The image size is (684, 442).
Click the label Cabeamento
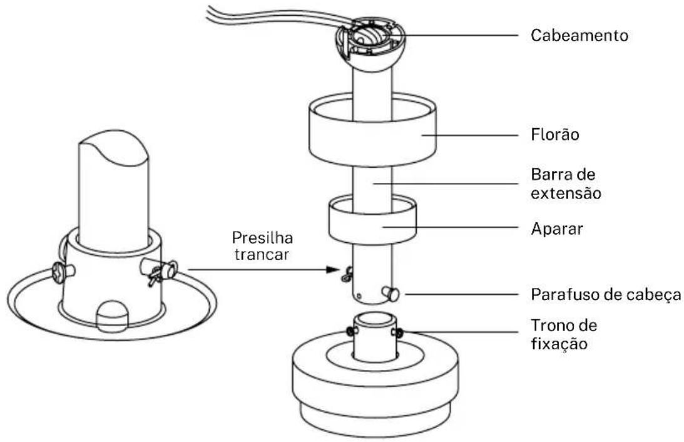tap(579, 35)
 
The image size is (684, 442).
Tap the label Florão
tap(555, 135)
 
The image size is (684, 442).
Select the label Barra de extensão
tap(566, 183)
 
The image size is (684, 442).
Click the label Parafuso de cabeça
tap(606, 295)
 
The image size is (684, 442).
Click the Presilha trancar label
tap(262, 246)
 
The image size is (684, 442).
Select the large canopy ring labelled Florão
tap(372, 131)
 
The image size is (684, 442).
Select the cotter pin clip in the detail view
tap(161, 271)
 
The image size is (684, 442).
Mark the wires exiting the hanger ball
tap(275, 18)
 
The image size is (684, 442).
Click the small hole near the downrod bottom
tap(359, 297)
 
